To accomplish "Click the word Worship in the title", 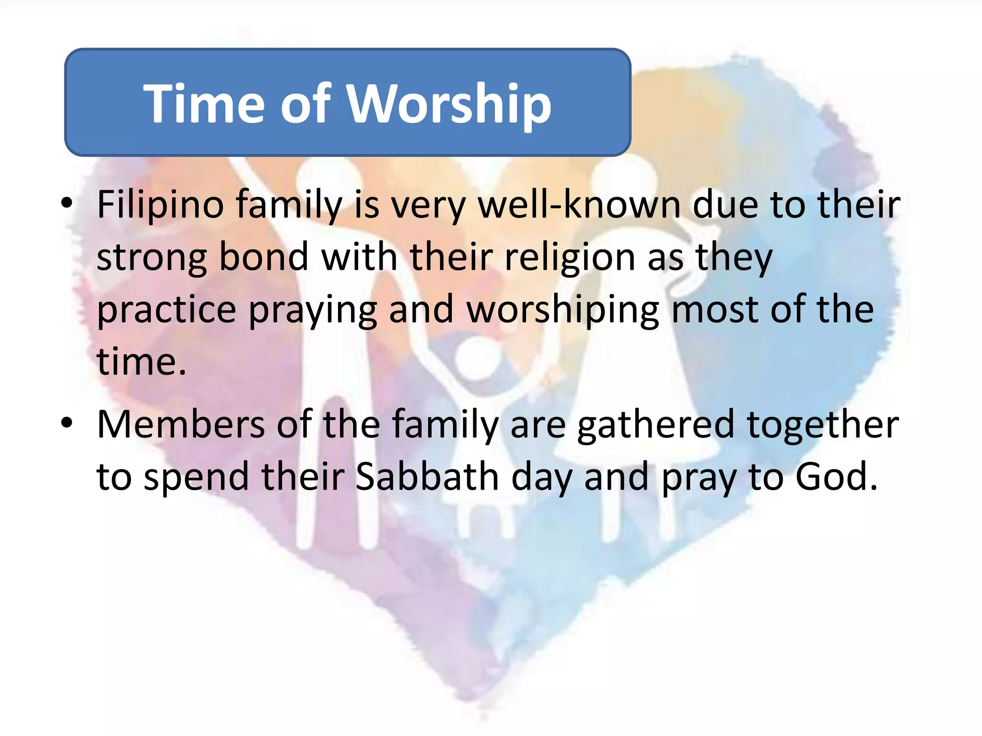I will tap(449, 104).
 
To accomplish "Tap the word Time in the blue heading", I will tap(204, 104).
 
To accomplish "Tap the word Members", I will tap(181, 425).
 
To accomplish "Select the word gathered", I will tap(655, 425).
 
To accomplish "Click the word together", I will tap(823, 425).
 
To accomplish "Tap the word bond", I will tap(263, 257).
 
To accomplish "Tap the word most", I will tap(714, 310).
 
